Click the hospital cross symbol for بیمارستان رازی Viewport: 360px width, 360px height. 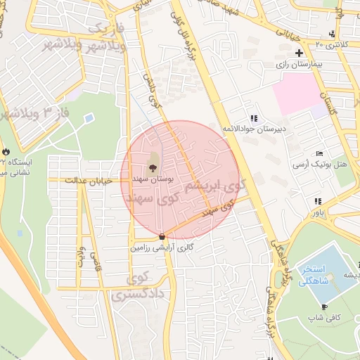tap(299, 53)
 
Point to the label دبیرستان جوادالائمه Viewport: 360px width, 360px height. tap(253, 129)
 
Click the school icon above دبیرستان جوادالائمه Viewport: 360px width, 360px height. tap(253, 119)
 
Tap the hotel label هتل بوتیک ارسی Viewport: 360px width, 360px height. tap(321, 164)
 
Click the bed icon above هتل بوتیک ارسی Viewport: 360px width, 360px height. tap(320, 153)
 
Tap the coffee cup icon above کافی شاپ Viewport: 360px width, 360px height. tap(323, 307)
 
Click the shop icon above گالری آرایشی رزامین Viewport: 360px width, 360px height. tap(162, 237)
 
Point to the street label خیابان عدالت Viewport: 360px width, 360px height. tap(89, 181)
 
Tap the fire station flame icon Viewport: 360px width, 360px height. tap(6, 151)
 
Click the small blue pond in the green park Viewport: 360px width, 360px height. tap(89, 118)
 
